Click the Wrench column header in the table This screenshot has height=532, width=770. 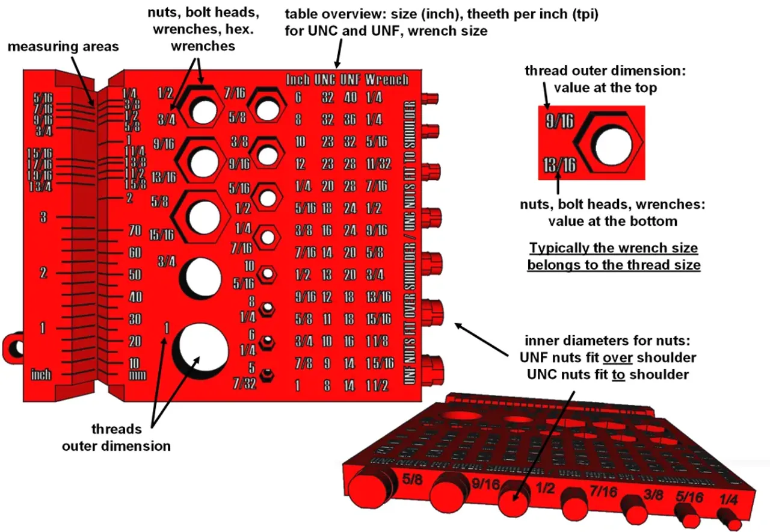(386, 79)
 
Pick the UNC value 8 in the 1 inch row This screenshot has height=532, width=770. (327, 386)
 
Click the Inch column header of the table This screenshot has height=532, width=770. (298, 79)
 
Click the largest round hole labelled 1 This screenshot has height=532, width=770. (200, 349)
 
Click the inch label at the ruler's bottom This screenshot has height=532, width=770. (41, 375)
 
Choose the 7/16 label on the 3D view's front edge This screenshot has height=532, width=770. (603, 492)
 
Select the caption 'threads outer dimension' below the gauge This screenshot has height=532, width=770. (116, 438)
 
